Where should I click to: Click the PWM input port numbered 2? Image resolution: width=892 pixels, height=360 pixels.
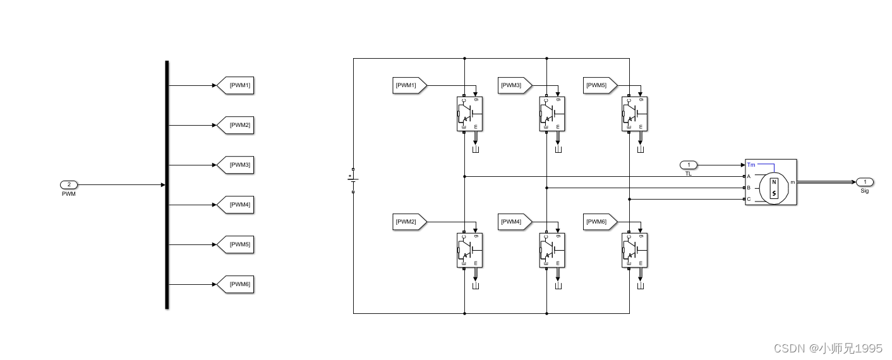pyautogui.click(x=69, y=184)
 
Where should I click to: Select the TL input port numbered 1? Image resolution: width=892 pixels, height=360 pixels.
pyautogui.click(x=689, y=165)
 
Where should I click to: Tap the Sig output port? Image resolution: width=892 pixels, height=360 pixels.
pyautogui.click(x=865, y=182)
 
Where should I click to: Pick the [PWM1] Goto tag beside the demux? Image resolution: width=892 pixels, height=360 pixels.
pyautogui.click(x=236, y=85)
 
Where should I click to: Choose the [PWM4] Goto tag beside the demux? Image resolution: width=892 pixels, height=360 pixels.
pyautogui.click(x=236, y=205)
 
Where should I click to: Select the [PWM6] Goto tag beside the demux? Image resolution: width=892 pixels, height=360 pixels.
pyautogui.click(x=236, y=284)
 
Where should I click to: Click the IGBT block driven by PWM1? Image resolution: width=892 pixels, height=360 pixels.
pyautogui.click(x=469, y=114)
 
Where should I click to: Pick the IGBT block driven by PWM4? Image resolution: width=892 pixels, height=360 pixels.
pyautogui.click(x=552, y=250)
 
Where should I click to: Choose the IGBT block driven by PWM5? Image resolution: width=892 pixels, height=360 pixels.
pyautogui.click(x=634, y=114)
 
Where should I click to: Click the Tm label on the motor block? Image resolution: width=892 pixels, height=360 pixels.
pyautogui.click(x=751, y=165)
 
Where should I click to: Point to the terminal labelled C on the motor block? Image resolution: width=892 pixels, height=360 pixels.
pyautogui.click(x=749, y=200)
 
